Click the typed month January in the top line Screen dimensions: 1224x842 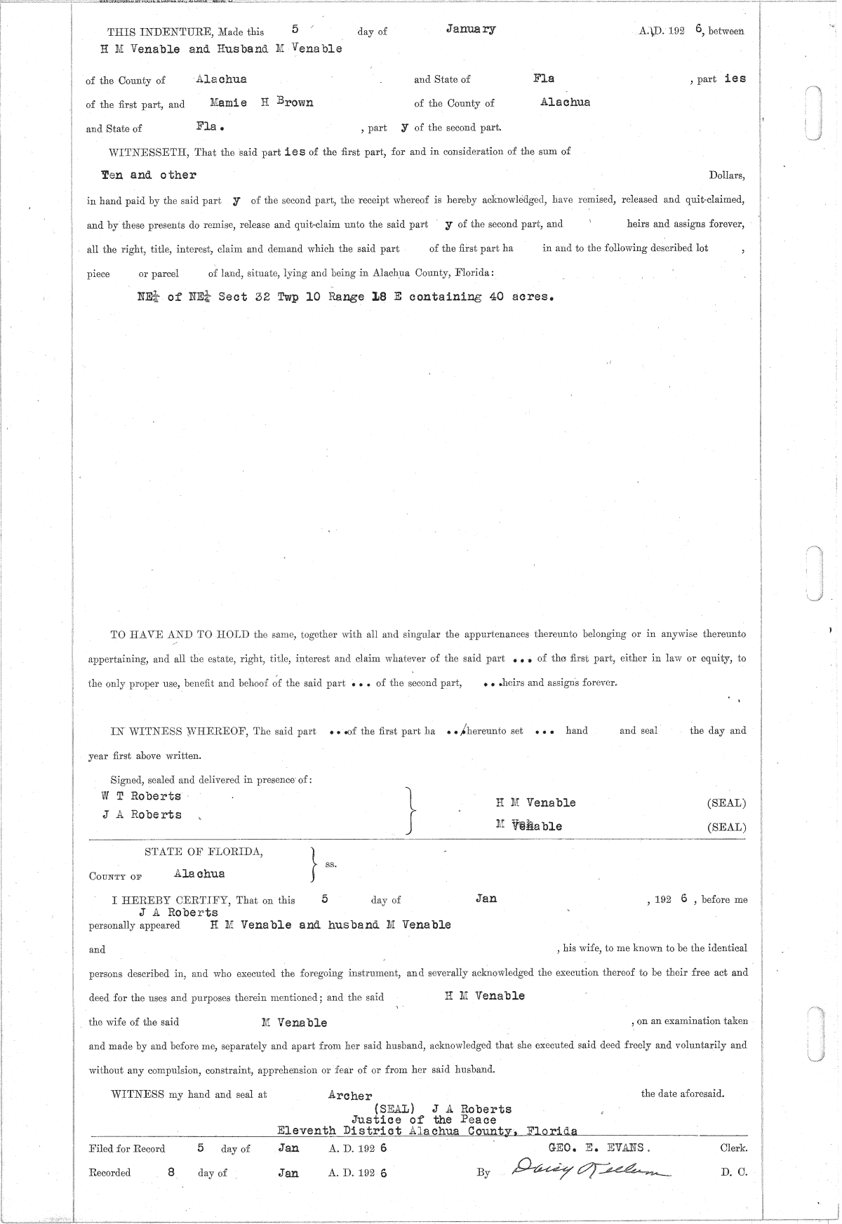470,29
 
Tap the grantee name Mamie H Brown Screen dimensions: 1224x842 261,102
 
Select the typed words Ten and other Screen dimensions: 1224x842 149,175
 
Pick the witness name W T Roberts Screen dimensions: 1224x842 141,796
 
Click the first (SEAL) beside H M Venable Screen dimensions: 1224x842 727,803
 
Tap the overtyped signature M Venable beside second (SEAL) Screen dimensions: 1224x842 528,826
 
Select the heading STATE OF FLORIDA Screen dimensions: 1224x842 204,852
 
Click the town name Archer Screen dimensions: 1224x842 349,1096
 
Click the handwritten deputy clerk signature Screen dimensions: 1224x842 591,1169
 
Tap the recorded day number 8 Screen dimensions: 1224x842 171,1171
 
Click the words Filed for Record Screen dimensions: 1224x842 127,1149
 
